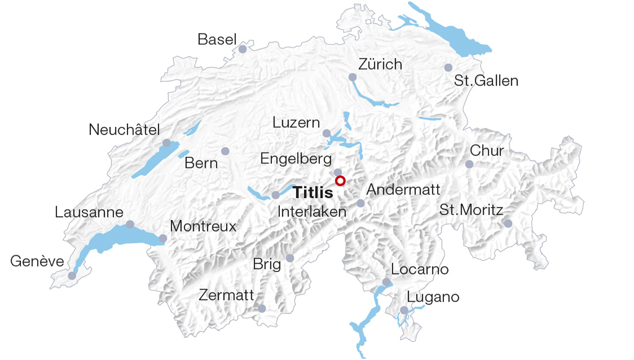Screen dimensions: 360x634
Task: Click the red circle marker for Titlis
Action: pos(340,181)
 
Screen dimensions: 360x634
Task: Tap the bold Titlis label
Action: pos(313,193)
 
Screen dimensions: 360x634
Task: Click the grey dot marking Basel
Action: pos(243,49)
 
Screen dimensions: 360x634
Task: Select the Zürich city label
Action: pos(380,64)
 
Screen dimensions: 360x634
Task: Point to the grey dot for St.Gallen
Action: pos(448,68)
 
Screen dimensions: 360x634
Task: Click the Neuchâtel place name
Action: pos(124,130)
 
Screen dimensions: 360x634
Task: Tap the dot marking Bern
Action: pos(225,151)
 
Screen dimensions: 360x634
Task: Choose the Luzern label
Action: pos(296,123)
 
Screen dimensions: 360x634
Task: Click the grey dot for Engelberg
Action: pos(337,172)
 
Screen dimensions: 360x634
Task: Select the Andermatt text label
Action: pos(404,190)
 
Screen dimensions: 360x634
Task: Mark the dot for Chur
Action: pos(469,164)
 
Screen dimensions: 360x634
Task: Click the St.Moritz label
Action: pos(471,209)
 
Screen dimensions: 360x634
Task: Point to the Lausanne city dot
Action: pos(130,224)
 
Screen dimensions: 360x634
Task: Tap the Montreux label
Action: pos(203,226)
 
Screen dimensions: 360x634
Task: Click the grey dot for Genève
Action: pos(72,276)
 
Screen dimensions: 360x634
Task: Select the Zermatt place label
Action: pos(227,295)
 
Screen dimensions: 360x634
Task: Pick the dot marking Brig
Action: pos(290,258)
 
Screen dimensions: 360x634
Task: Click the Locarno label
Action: pos(420,270)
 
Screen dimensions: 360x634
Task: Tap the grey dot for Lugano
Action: pos(404,310)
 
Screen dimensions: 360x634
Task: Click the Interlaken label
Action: pos(312,211)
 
